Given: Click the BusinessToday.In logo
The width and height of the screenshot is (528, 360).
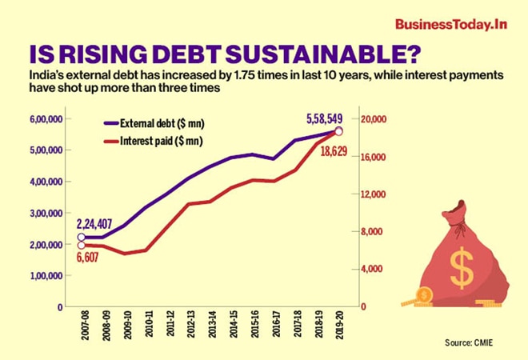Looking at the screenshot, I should click(x=450, y=23).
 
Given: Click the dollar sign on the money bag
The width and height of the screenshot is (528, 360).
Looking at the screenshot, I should click(x=461, y=267).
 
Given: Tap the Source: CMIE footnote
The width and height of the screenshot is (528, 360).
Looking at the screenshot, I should click(x=470, y=342).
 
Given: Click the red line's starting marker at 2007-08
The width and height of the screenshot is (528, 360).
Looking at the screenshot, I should click(x=81, y=245).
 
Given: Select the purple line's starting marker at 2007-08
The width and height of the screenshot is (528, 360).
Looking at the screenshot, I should click(x=81, y=237).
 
